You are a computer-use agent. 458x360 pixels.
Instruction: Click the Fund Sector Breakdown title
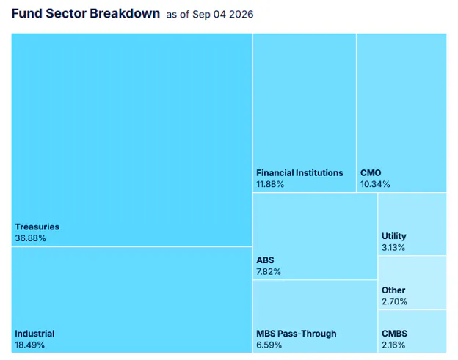click(86, 13)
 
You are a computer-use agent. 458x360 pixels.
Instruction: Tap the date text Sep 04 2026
click(223, 14)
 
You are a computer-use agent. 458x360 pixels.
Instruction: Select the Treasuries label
click(37, 227)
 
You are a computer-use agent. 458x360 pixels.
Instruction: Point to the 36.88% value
click(30, 238)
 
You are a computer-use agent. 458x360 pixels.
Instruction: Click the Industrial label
click(34, 334)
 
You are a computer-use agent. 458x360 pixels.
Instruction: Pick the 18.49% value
click(30, 345)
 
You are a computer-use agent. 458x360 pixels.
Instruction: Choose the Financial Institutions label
click(299, 173)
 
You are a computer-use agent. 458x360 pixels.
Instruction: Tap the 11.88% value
click(270, 184)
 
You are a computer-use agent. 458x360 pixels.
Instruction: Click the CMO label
click(371, 173)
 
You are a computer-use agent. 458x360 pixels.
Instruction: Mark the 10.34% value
click(375, 184)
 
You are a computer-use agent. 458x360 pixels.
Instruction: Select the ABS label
click(265, 260)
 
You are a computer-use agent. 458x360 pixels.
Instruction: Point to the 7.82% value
click(269, 271)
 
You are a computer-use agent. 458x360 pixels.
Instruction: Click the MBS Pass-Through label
click(297, 334)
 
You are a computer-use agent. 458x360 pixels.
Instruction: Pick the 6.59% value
click(269, 345)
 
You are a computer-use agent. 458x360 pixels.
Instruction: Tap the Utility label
click(394, 236)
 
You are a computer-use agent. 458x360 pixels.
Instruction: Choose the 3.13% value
click(393, 247)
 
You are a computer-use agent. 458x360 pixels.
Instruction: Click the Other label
click(393, 290)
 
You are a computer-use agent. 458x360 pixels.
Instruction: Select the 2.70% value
click(394, 301)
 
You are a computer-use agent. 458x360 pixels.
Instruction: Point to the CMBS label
click(394, 334)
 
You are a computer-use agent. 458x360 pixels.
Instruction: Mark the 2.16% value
click(393, 345)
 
